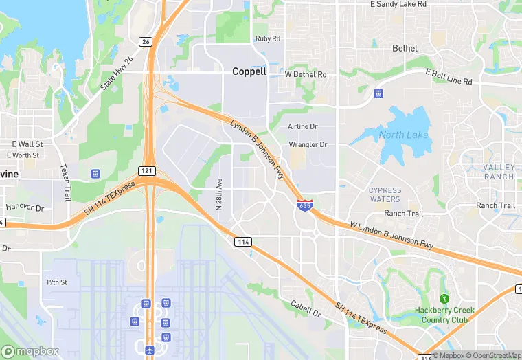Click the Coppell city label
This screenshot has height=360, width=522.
(249, 71)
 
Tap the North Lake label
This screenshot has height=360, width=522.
(403, 135)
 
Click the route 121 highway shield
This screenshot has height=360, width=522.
(150, 170)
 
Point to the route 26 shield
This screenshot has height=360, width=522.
(145, 42)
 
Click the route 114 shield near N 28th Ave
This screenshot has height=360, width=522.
(242, 242)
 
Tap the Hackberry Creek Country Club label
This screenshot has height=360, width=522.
(444, 315)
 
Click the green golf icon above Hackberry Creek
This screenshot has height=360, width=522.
(444, 299)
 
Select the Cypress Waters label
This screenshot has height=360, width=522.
(385, 194)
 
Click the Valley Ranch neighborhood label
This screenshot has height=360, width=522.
(498, 172)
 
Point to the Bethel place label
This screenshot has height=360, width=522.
(405, 48)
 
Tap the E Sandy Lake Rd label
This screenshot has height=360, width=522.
(398, 4)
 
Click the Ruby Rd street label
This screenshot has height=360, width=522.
(267, 39)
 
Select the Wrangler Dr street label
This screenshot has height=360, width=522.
(308, 145)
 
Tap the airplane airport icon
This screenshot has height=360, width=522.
(150, 350)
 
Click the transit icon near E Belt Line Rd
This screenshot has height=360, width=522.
(377, 93)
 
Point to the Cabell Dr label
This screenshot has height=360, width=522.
(306, 308)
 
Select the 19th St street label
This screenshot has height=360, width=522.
(56, 282)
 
